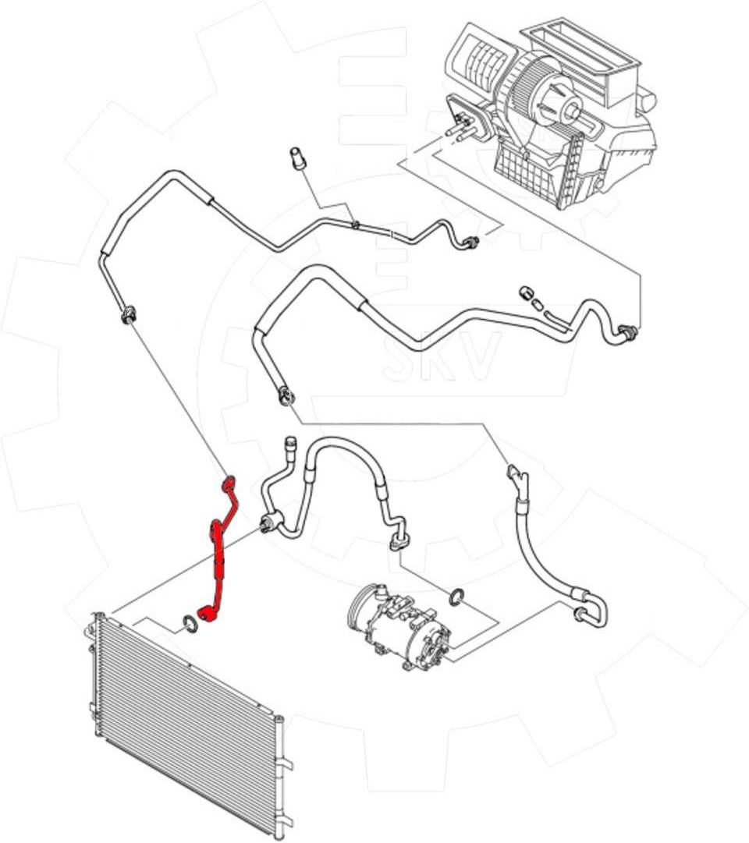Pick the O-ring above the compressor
[x=457, y=597]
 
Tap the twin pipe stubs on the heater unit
[x=460, y=125]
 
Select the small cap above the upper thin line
[x=297, y=155]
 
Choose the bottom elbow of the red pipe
[x=208, y=616]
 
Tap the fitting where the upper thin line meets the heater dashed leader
[x=471, y=244]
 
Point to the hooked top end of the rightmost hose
[x=515, y=473]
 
